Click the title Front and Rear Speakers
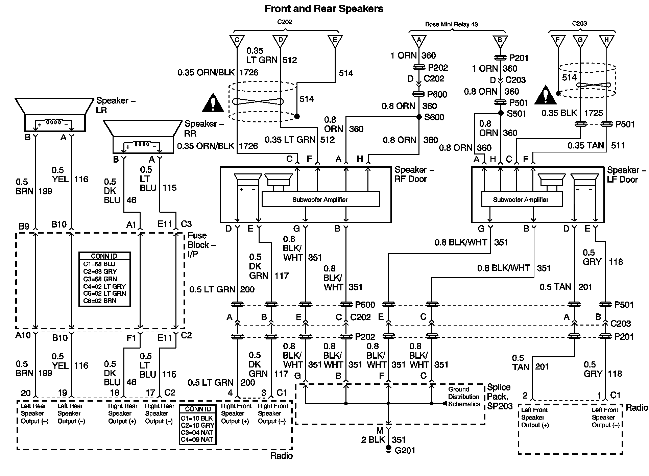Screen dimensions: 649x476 click(324, 8)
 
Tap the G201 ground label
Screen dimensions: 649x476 click(405, 450)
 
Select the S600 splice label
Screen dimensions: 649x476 click(434, 117)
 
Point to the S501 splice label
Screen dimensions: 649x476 click(516, 114)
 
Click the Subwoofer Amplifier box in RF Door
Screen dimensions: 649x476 click(320, 199)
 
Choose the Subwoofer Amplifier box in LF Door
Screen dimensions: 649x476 click(522, 199)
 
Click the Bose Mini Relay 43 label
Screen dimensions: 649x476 click(451, 24)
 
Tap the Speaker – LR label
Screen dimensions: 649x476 click(116, 105)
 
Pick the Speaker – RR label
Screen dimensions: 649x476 click(204, 128)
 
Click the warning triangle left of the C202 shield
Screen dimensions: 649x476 click(213, 102)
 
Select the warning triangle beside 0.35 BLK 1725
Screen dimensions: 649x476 click(545, 95)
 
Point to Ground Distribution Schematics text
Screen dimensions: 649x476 click(464, 397)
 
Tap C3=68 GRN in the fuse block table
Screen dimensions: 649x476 click(100, 279)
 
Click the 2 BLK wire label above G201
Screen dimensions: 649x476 click(373, 439)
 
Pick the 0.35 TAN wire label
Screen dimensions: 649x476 click(585, 145)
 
